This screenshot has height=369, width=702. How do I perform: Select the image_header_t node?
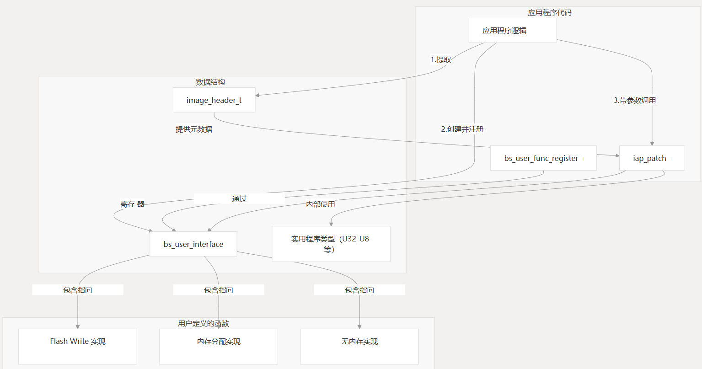coord(214,100)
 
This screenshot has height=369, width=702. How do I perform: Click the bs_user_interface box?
coord(193,244)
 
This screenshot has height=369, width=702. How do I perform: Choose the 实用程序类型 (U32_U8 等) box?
coord(331,244)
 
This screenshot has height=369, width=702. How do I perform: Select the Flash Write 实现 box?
coord(78,346)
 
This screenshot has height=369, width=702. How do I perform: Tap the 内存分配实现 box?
coord(219,346)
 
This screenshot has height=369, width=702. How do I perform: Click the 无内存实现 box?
coord(359,346)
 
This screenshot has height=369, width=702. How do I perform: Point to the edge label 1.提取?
coord(441,60)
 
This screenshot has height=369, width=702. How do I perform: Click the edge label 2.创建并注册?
coord(462,129)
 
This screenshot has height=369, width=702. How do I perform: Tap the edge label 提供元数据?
coord(194,129)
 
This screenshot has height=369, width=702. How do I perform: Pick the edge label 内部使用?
coord(321,204)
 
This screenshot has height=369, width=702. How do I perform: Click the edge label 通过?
coord(239,199)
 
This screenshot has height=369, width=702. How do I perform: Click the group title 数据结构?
coord(210,82)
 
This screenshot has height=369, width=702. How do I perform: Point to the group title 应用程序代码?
coord(550,13)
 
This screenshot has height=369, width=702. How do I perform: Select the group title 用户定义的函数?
coord(204,324)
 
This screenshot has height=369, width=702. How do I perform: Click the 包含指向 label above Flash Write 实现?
coord(78,290)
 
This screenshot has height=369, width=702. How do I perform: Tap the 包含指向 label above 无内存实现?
coord(359,290)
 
